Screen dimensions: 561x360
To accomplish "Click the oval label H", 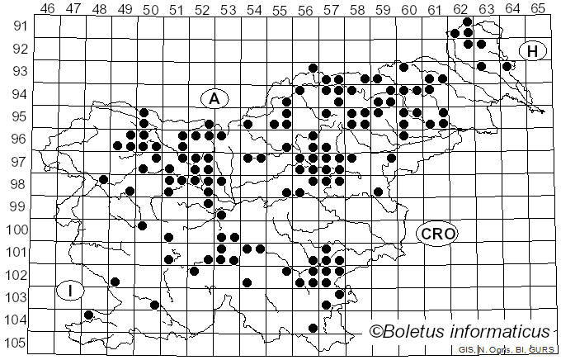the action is tap(533, 51).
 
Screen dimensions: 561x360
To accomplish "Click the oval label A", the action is tap(214, 98).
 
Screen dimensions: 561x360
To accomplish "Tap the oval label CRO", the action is tap(436, 234).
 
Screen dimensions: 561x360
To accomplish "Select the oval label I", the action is tap(71, 291).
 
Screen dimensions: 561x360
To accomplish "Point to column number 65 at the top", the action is tap(538, 9).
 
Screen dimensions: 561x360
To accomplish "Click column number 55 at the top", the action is tap(279, 9).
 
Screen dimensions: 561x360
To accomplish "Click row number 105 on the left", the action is tap(16, 343).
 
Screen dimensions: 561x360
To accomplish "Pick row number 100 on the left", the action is tap(16, 229).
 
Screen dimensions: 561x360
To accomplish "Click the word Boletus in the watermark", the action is tap(418, 332).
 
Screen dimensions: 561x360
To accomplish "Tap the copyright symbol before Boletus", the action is tap(377, 332).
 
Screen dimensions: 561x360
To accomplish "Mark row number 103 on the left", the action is tap(16, 296).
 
